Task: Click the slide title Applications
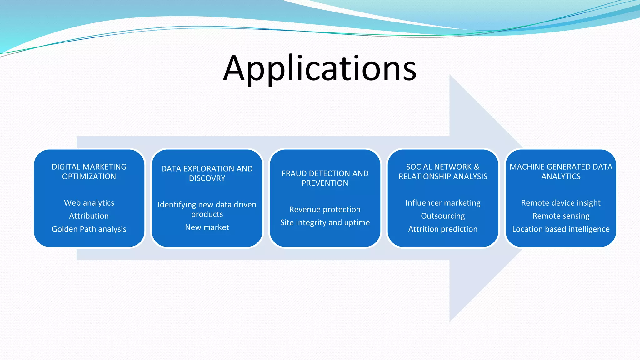coord(320,68)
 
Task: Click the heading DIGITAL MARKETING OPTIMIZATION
coord(89,172)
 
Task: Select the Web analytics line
coord(89,203)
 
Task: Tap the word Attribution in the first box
coord(89,216)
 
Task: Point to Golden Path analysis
coord(89,229)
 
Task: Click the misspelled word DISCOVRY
coord(207,178)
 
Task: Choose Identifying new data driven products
coord(207,209)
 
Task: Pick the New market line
coord(207,227)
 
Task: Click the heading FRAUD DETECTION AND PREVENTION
coord(325,178)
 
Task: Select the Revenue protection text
coord(325,209)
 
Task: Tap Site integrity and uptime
coord(325,222)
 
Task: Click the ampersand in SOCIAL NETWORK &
coord(477,167)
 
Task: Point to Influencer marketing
coord(443,203)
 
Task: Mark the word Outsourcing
coord(443,216)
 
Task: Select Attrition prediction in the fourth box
coord(443,229)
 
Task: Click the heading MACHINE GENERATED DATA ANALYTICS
coord(561,172)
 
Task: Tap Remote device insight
coord(561,203)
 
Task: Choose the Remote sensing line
coord(561,216)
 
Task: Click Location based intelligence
coord(561,229)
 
